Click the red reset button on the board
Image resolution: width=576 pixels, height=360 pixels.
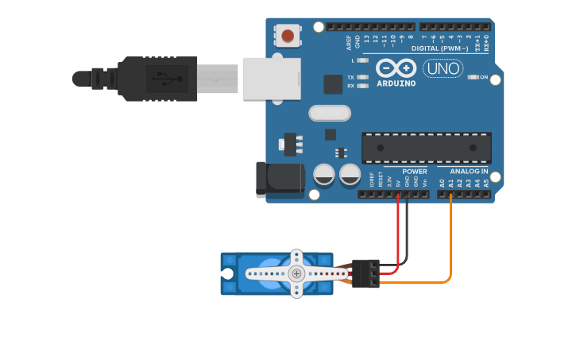(x=288, y=35)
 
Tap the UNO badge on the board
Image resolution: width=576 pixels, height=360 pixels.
(x=443, y=69)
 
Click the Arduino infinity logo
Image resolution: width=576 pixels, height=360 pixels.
(x=396, y=68)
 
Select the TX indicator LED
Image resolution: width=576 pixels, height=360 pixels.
(x=363, y=77)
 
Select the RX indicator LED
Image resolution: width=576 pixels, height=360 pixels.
(x=363, y=86)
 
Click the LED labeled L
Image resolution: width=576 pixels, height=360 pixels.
(x=363, y=60)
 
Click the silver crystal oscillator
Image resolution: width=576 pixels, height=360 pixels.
(x=329, y=114)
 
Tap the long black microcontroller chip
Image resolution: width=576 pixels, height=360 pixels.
(x=426, y=148)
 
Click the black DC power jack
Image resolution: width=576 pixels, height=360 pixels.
(x=277, y=180)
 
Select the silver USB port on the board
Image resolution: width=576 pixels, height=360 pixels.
(x=271, y=78)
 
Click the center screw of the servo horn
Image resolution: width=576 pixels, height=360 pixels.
(x=296, y=273)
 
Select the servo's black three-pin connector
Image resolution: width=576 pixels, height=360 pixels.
(x=365, y=273)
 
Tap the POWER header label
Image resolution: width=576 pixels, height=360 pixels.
(x=414, y=172)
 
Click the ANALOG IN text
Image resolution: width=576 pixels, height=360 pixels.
(x=469, y=172)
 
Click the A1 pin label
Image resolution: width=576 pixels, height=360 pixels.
(x=450, y=183)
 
